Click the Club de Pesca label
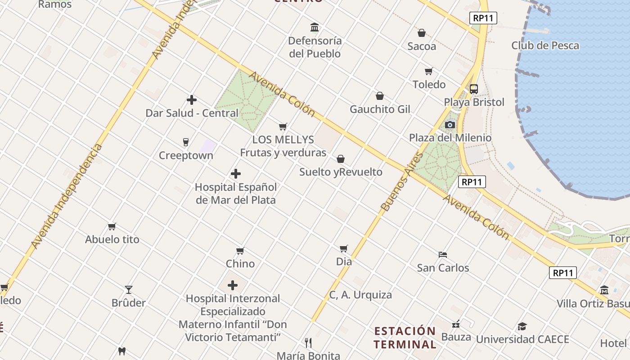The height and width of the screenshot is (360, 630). coord(545,45)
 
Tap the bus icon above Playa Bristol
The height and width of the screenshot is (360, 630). coord(473,89)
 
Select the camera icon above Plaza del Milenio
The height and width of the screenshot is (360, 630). coord(450,125)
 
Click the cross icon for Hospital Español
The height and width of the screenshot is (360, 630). coord(235,174)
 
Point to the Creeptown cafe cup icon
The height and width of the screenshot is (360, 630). coord(185,142)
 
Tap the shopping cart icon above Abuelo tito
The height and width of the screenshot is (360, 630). coord(112,226)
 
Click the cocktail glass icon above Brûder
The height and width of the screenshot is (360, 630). coord(129,290)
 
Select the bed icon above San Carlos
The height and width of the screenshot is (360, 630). coord(443,255)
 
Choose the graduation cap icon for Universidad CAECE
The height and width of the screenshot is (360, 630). coord(522,326)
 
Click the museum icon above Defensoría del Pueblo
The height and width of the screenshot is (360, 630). coord(315,27)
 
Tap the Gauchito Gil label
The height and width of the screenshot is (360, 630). coord(380,109)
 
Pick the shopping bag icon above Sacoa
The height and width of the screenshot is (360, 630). coord(422,33)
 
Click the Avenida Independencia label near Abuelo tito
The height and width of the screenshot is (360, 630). coord(67,196)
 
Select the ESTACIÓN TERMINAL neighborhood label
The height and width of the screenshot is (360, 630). coord(405,337)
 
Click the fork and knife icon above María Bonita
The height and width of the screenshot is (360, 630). coord(308,343)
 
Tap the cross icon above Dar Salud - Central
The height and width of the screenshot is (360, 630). coord(192,100)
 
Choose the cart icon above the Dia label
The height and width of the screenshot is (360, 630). coord(344,248)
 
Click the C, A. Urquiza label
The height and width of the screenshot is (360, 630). coord(360,295)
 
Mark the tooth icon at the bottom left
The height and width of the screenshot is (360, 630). coord(121,351)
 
